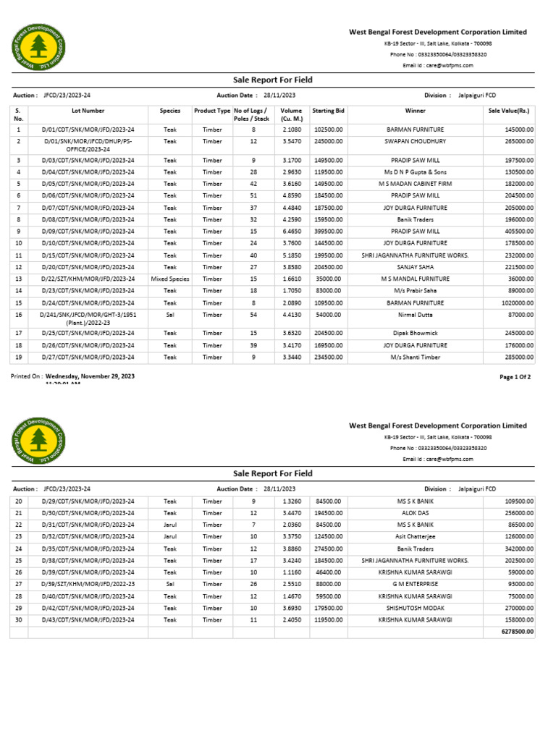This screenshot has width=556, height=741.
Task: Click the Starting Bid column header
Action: [x=329, y=111]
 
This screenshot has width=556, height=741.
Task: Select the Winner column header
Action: [x=416, y=111]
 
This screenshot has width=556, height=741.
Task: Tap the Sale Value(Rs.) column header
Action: [x=509, y=111]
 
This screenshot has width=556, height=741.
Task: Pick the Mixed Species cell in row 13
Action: [x=170, y=279]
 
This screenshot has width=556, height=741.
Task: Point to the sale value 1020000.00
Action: [x=516, y=303]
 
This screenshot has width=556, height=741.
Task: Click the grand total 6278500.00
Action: [x=517, y=632]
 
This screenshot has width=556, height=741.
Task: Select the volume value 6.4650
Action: [x=292, y=231]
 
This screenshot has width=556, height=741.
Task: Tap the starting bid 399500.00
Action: [x=329, y=231]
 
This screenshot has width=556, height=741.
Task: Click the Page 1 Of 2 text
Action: [x=515, y=377]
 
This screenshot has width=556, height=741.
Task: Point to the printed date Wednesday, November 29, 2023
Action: [x=90, y=377]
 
